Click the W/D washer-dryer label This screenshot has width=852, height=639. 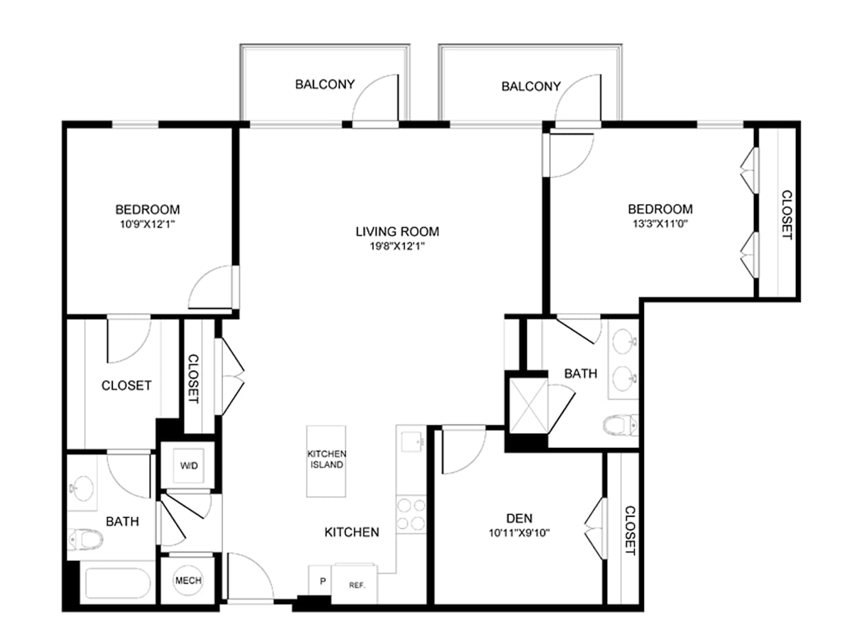189,466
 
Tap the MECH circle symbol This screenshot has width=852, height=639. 188,580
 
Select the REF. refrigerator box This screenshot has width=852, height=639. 355,584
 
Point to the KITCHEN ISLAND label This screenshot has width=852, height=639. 327,459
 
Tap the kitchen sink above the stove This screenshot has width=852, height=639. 412,442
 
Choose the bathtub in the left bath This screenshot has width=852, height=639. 118,583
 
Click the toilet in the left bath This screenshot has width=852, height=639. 85,539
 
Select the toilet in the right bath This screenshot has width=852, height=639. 621,425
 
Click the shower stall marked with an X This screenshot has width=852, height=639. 529,406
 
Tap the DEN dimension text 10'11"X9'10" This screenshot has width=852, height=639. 519,533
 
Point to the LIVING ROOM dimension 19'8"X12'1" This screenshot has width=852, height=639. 398,246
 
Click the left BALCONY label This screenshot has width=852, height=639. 325,84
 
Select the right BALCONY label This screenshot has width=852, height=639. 531,86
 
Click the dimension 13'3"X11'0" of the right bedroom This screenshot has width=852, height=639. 660,224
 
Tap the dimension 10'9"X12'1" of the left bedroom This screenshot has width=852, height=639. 148,224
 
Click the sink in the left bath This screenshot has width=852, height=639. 81,488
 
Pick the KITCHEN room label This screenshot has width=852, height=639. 351,532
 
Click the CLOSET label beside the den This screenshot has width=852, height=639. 630,530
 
